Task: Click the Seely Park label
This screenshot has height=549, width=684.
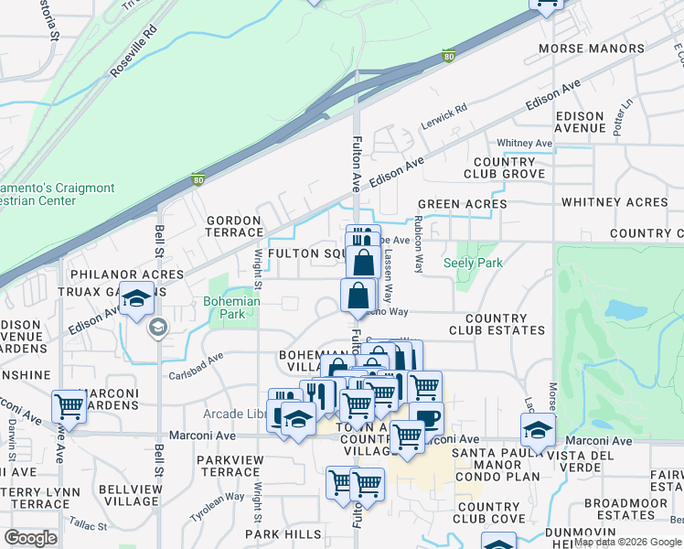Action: [x=473, y=263]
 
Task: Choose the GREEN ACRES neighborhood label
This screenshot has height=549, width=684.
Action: [x=462, y=204]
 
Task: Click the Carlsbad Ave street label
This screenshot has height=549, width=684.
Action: [x=195, y=366]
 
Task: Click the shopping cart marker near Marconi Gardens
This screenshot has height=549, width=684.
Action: [x=69, y=405]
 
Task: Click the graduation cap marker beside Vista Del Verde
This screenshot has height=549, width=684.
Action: [x=539, y=428]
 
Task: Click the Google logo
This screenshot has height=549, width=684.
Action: [x=32, y=538]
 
